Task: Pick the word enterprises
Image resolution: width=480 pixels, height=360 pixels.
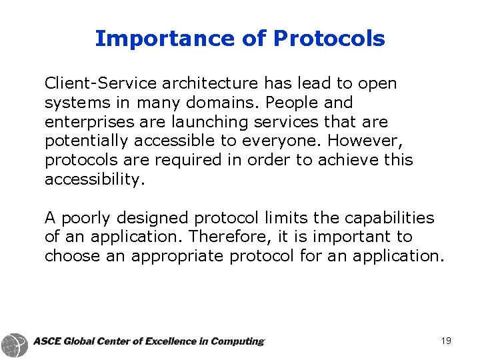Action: (x=87, y=122)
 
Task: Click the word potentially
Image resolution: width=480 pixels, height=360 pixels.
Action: (x=87, y=141)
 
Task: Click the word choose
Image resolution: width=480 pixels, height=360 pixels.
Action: (x=73, y=257)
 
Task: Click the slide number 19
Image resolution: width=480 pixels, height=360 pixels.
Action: (x=446, y=341)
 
